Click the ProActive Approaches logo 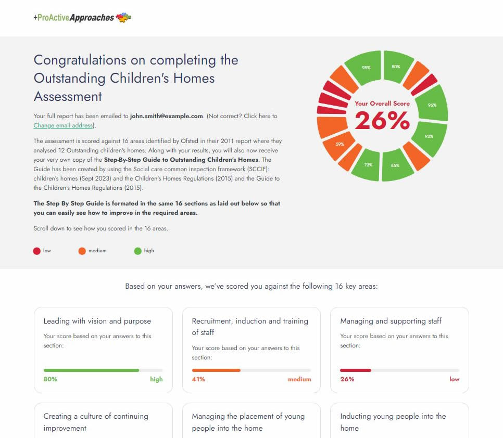tap(82, 18)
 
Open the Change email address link tap(63, 125)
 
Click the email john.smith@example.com tap(166, 116)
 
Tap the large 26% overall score tap(382, 120)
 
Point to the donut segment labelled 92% tap(430, 137)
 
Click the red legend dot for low tap(37, 251)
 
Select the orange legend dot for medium tap(82, 251)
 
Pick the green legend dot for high tap(137, 251)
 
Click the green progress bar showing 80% tap(91, 370)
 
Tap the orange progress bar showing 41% tap(216, 370)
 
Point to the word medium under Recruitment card tap(299, 379)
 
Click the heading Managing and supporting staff tap(391, 321)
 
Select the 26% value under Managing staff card tap(347, 379)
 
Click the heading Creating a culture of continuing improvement tap(96, 422)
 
